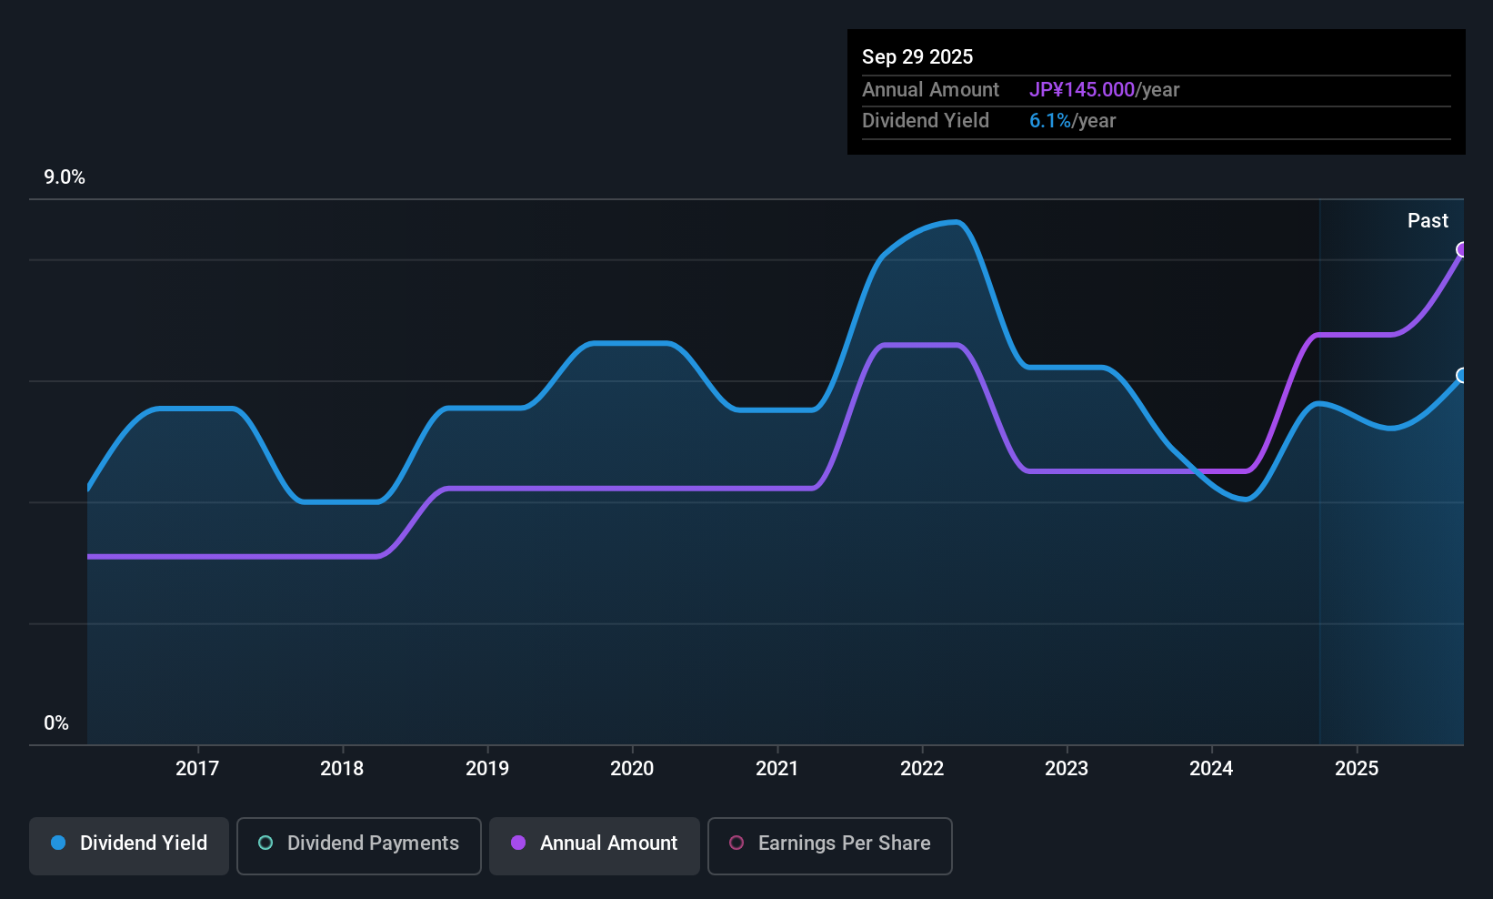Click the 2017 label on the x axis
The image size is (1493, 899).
click(x=197, y=768)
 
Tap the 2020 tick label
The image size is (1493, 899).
click(x=632, y=768)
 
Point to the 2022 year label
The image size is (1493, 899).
click(x=922, y=768)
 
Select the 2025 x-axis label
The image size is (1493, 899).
click(x=1357, y=768)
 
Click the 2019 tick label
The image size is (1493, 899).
click(x=487, y=768)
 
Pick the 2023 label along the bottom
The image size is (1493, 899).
click(x=1067, y=768)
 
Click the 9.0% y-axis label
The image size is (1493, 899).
click(x=65, y=177)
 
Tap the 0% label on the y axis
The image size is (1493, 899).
click(x=56, y=723)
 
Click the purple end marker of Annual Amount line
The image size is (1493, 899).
click(x=1462, y=249)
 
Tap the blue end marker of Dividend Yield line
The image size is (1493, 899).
click(x=1462, y=375)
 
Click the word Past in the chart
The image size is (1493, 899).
click(x=1428, y=221)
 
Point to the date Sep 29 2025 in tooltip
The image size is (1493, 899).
click(x=917, y=56)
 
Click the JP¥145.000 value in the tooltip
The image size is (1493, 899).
click(x=1082, y=89)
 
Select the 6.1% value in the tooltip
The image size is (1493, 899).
click(x=1050, y=121)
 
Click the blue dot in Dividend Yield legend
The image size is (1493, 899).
click(x=58, y=843)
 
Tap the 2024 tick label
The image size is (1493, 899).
click(x=1211, y=768)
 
